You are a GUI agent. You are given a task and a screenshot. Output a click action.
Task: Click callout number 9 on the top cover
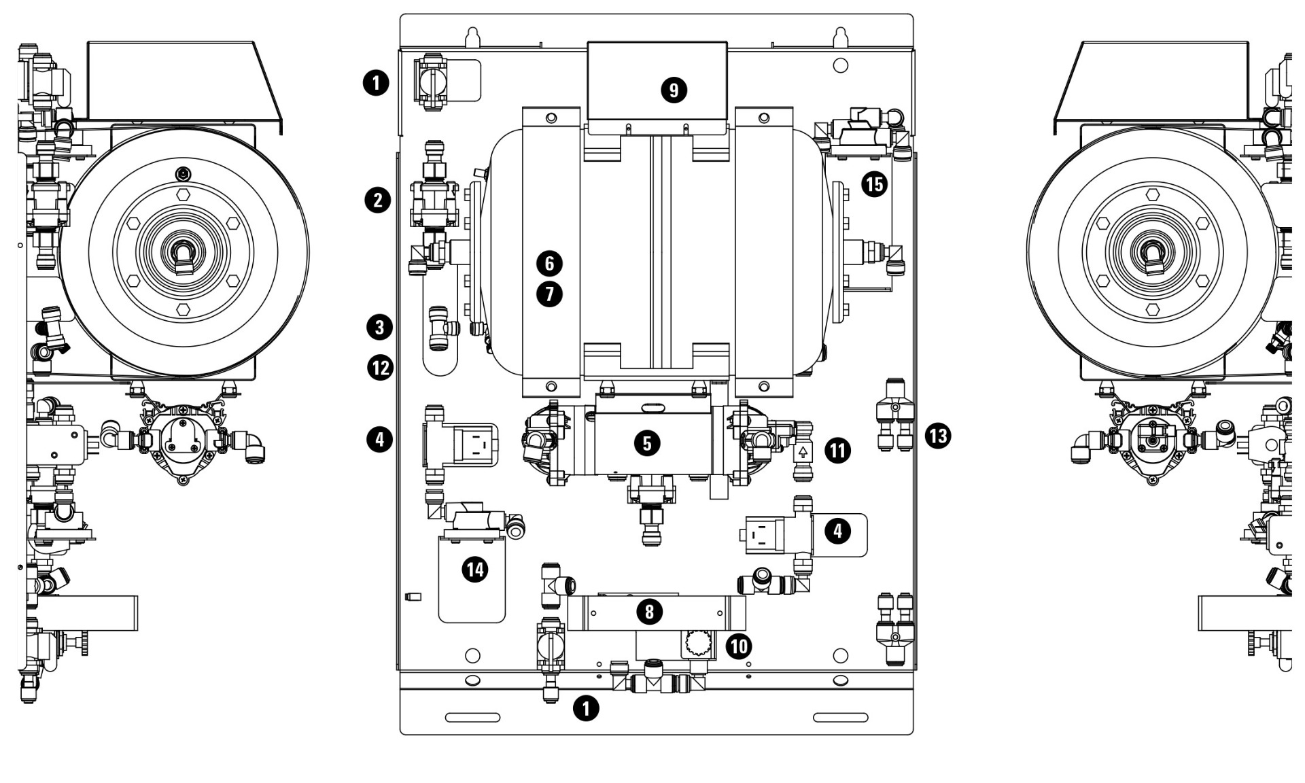click(x=674, y=90)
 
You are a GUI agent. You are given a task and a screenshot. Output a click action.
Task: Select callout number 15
click(x=874, y=184)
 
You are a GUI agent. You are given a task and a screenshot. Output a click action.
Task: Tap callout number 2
click(x=378, y=201)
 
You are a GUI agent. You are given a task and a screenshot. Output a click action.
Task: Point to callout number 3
click(x=379, y=327)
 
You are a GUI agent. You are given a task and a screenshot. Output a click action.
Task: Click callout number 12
click(x=380, y=368)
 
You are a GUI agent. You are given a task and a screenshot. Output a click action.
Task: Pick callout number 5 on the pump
click(x=646, y=443)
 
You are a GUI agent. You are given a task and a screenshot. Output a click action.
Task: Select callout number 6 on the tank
click(x=549, y=263)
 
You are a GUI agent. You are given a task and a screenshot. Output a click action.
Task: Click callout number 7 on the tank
click(x=549, y=294)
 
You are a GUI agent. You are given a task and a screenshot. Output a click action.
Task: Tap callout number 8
click(x=649, y=612)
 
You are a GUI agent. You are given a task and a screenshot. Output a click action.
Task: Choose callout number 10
click(x=739, y=645)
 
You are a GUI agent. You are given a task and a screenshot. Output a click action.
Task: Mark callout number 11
click(x=837, y=450)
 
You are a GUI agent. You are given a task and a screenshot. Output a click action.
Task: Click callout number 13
click(x=938, y=435)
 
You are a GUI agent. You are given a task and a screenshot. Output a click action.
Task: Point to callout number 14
click(x=474, y=569)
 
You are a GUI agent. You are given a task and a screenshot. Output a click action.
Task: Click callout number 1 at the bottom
click(x=586, y=708)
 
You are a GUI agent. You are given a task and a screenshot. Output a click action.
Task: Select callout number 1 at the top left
click(x=376, y=84)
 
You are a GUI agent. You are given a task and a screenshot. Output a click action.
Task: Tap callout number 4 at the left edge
click(x=379, y=439)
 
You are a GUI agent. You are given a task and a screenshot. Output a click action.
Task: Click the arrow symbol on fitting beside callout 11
click(x=803, y=451)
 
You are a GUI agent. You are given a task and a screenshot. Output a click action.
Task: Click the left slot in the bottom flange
click(x=472, y=717)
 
